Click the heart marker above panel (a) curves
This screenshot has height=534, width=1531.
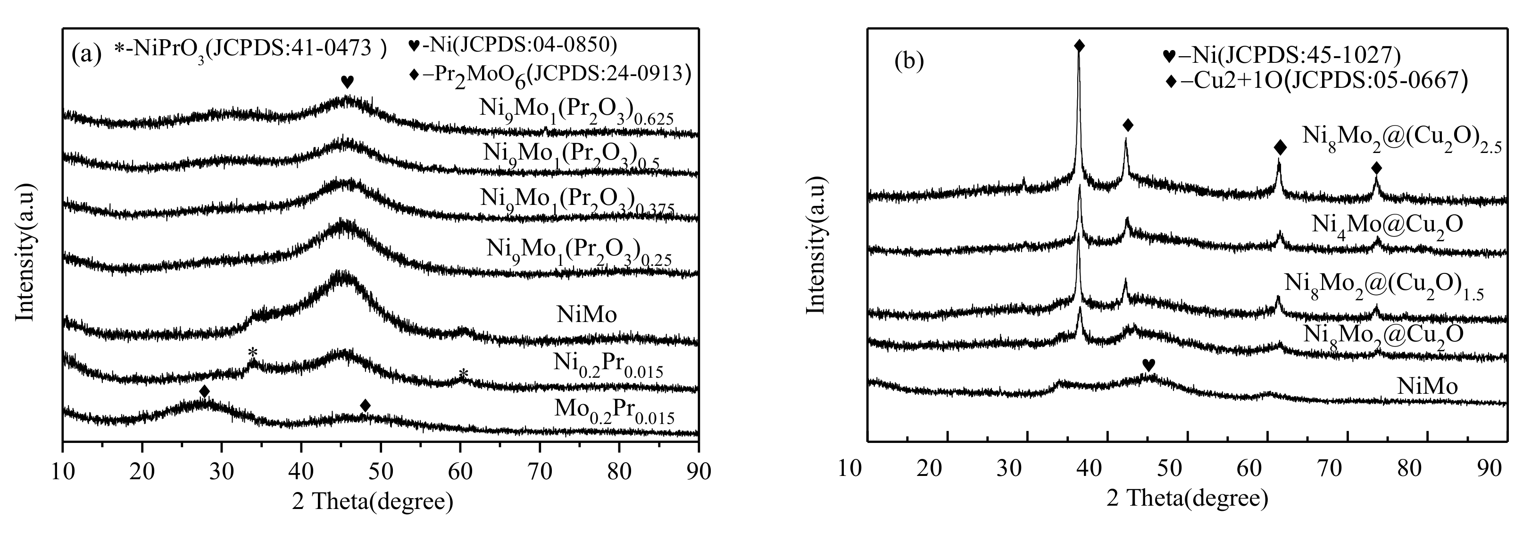[x=347, y=82]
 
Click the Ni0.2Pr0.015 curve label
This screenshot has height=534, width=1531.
[x=608, y=365]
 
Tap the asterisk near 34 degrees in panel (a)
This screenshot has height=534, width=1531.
[x=253, y=353]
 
